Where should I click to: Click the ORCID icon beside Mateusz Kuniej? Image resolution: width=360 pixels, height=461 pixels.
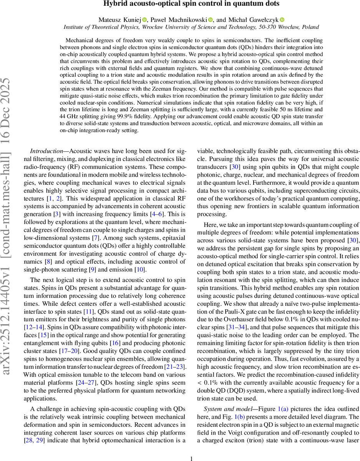click(144, 20)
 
